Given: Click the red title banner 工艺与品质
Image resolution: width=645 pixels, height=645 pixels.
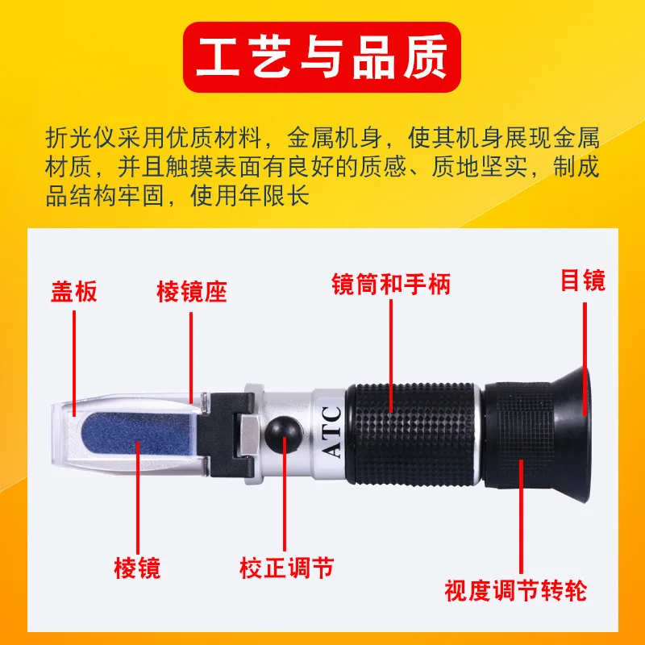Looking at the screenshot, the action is (x=322, y=56).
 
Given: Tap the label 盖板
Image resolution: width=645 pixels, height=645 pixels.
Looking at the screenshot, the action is (x=74, y=292).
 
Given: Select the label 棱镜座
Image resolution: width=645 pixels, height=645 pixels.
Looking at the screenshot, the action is (x=192, y=292).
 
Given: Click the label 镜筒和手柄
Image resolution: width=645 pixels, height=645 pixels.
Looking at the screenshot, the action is (x=391, y=284).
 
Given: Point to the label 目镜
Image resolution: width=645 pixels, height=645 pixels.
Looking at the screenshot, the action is (x=583, y=280).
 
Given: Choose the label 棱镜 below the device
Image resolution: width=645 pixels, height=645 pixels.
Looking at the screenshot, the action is (x=137, y=568).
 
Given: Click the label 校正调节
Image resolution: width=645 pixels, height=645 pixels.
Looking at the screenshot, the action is (x=287, y=568).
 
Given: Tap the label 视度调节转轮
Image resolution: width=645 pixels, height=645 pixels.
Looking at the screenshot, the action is (x=515, y=591).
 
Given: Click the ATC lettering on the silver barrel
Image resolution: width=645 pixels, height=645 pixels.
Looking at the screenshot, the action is (x=331, y=432).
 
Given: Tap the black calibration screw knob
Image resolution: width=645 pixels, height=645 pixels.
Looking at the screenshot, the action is (x=282, y=434).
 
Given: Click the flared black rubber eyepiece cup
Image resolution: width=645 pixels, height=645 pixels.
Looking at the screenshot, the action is (x=572, y=435).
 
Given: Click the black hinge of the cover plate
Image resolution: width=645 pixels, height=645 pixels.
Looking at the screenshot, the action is (x=226, y=434).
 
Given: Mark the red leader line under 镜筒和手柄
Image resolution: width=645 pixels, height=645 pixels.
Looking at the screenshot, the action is (x=391, y=356).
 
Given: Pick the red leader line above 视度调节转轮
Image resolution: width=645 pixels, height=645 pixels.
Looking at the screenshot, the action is (x=521, y=516).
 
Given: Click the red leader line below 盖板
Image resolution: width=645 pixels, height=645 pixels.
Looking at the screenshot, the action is (x=74, y=364).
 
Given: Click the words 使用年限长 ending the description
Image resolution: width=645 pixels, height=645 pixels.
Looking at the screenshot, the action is (x=250, y=195).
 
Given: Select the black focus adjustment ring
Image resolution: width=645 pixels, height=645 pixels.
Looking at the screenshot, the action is (x=518, y=435).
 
